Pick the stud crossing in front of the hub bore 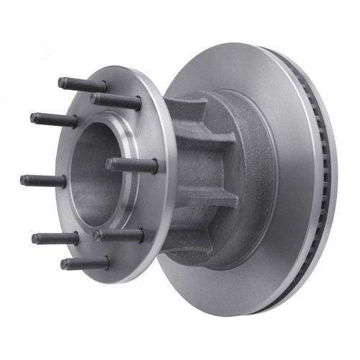[133, 165]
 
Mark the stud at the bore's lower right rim [119, 235]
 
